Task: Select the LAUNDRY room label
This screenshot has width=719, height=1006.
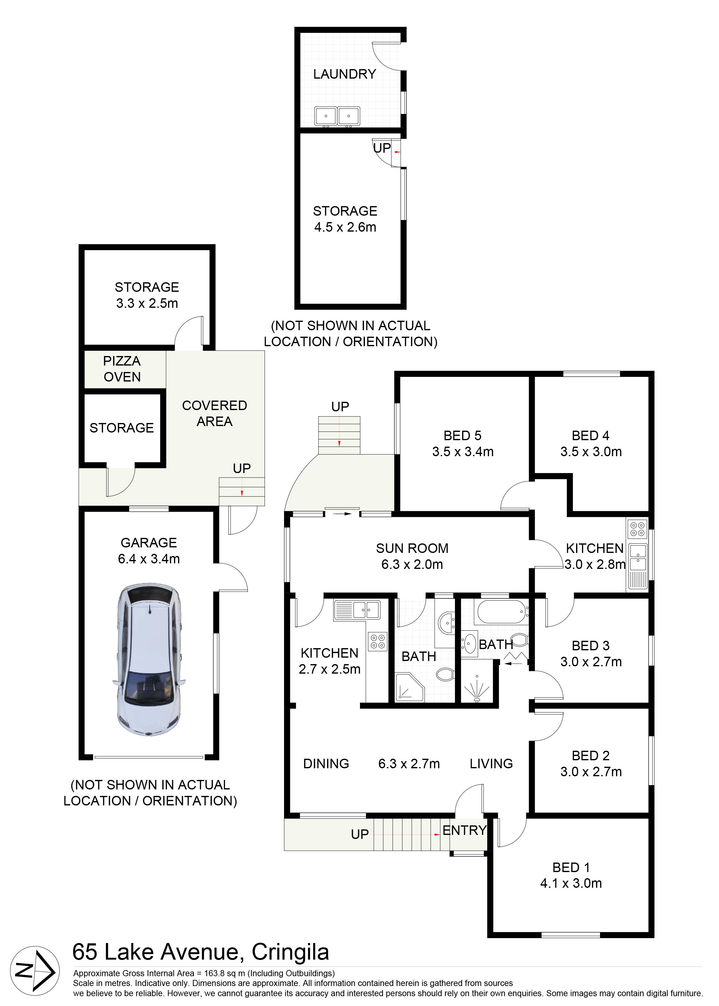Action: coord(345,74)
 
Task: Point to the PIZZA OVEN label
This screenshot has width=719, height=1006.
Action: coord(122,369)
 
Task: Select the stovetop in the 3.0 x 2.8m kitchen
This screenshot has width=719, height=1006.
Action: coord(638,529)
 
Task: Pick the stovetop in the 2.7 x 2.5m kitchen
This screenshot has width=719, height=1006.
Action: coord(378,641)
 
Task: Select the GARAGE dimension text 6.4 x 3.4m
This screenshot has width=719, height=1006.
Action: coord(149,559)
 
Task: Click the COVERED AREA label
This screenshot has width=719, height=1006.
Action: coord(215,413)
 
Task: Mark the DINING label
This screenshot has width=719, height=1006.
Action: coord(326,764)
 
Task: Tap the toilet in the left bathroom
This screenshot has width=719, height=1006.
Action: coord(444,675)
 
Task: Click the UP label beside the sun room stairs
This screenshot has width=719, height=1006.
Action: coord(340,407)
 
